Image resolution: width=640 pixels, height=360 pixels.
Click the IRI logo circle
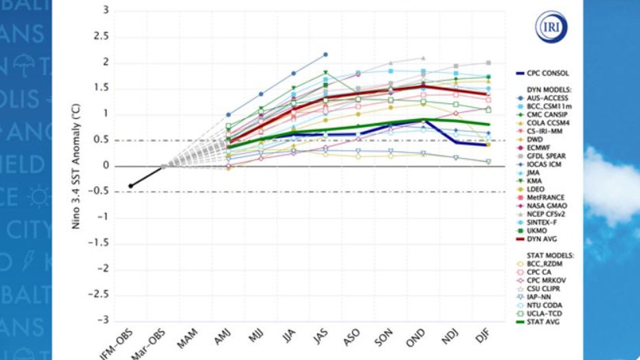point(549,27)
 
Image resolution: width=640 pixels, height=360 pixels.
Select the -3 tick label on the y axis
point(103,321)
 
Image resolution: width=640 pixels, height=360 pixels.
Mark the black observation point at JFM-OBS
point(130,186)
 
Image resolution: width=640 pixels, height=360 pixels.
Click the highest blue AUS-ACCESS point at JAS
point(325,54)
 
